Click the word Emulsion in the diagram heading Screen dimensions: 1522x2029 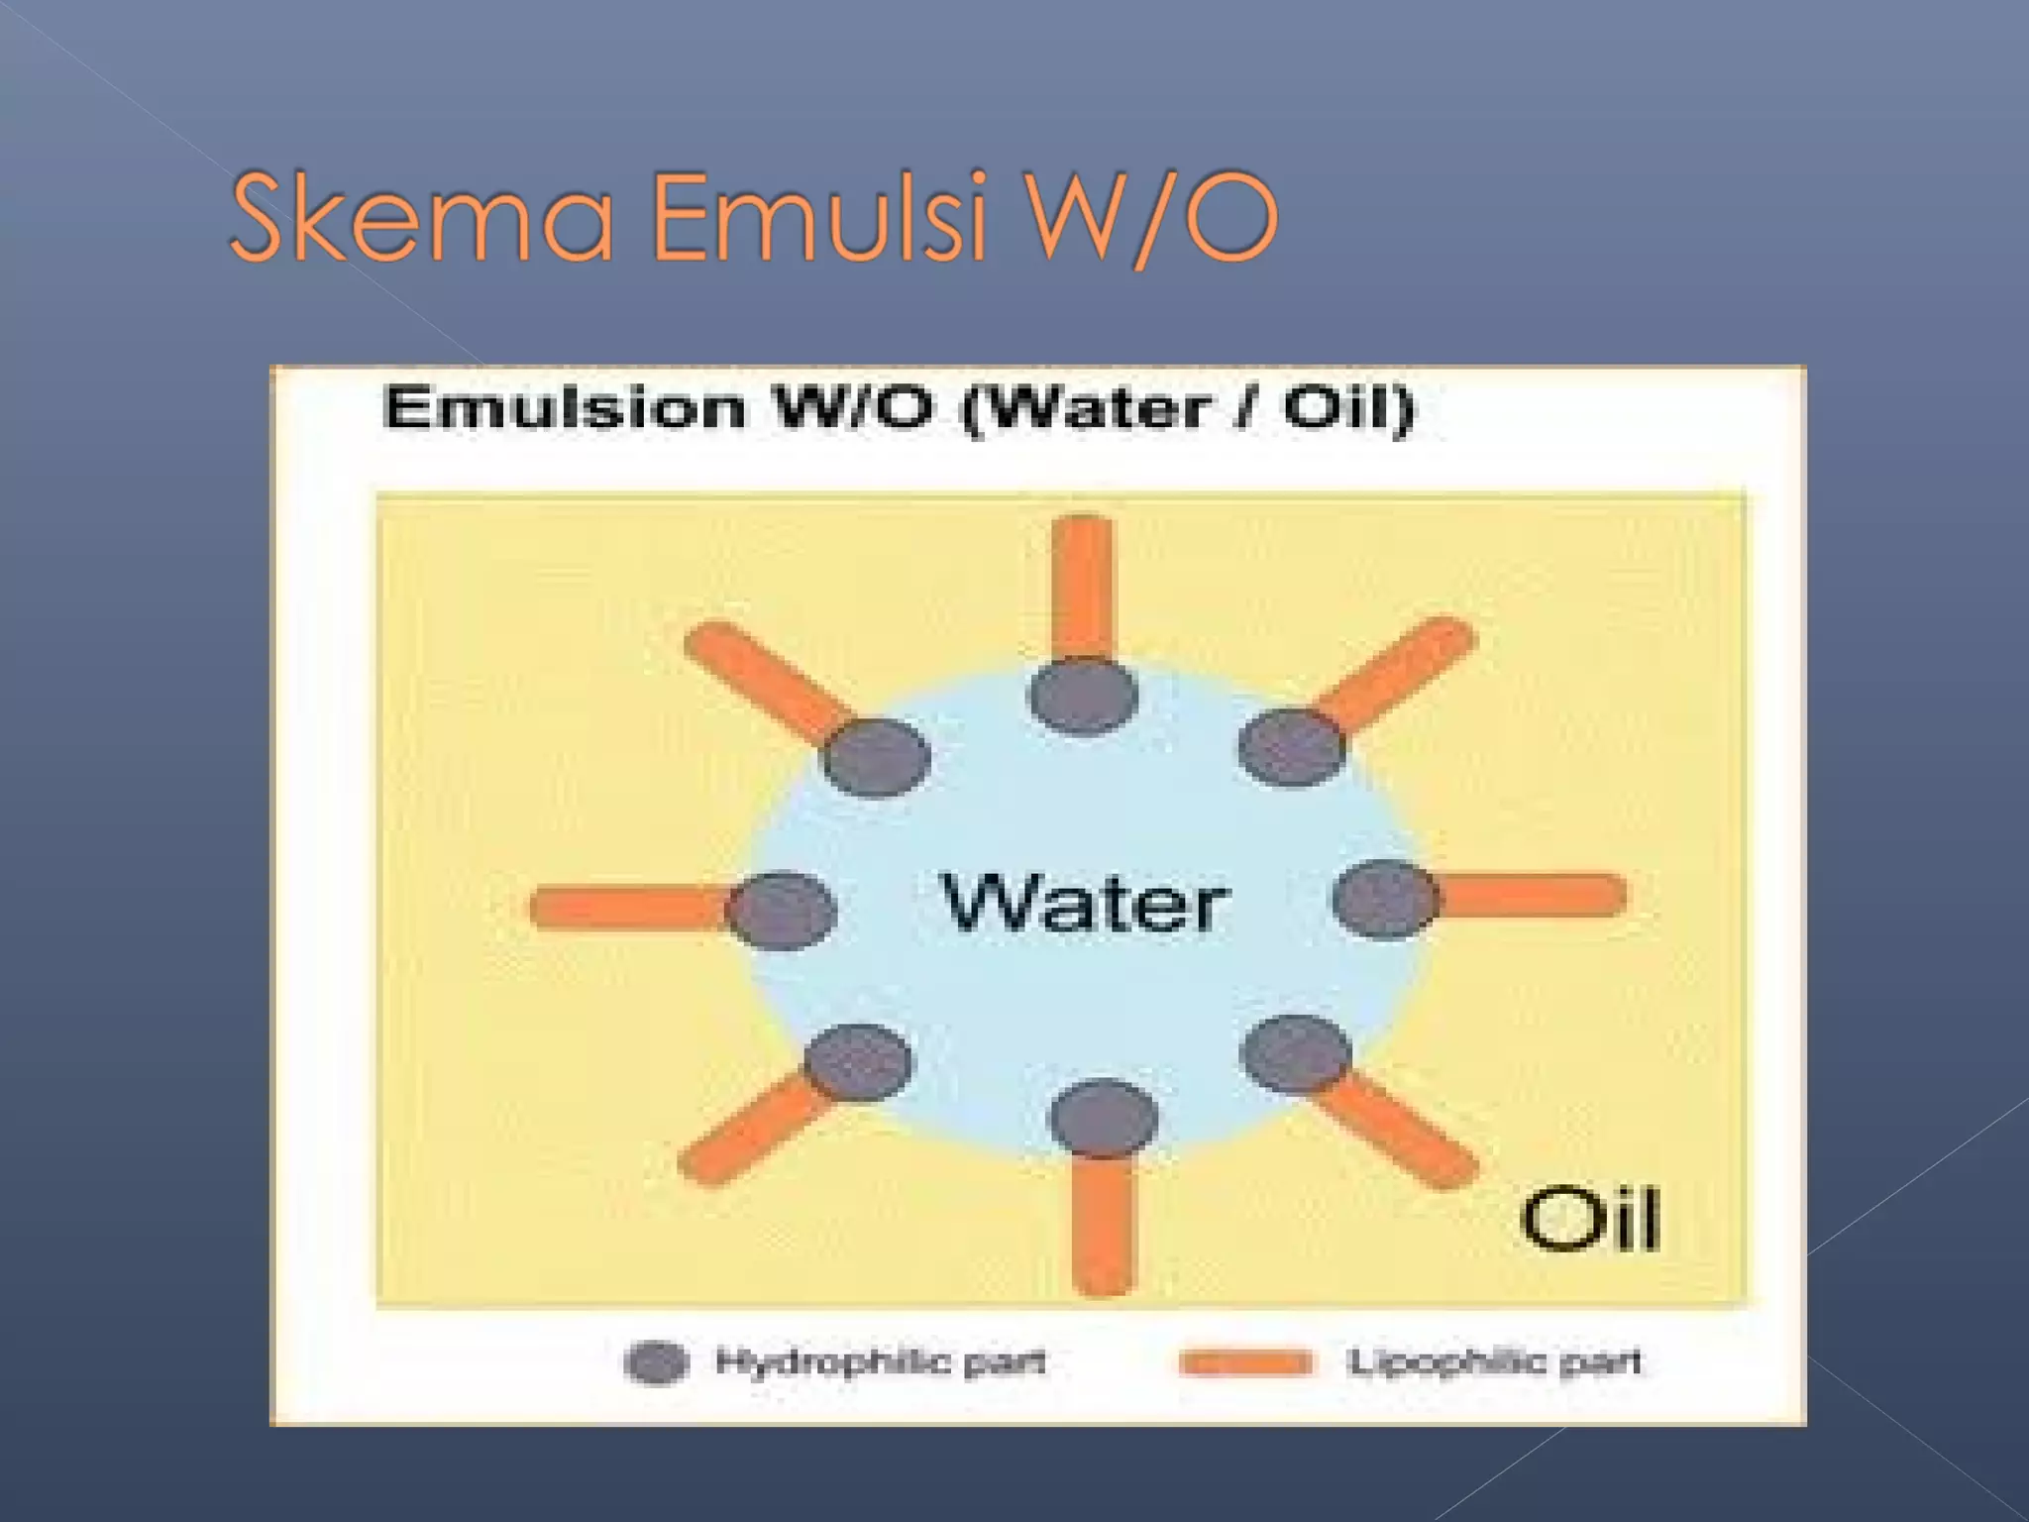(565, 408)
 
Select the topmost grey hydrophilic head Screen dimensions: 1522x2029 (1083, 697)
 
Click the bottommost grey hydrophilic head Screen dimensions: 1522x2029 (1103, 1119)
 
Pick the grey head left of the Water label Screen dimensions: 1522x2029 (781, 910)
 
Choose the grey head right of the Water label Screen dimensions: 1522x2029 (1385, 899)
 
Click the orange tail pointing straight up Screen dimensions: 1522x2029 (1082, 585)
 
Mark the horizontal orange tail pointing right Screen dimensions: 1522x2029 (1531, 896)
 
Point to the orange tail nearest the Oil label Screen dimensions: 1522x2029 (1401, 1132)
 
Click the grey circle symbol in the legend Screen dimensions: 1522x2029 (656, 1362)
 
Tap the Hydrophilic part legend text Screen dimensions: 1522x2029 (880, 1362)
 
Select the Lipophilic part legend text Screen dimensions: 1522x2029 (1494, 1362)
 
